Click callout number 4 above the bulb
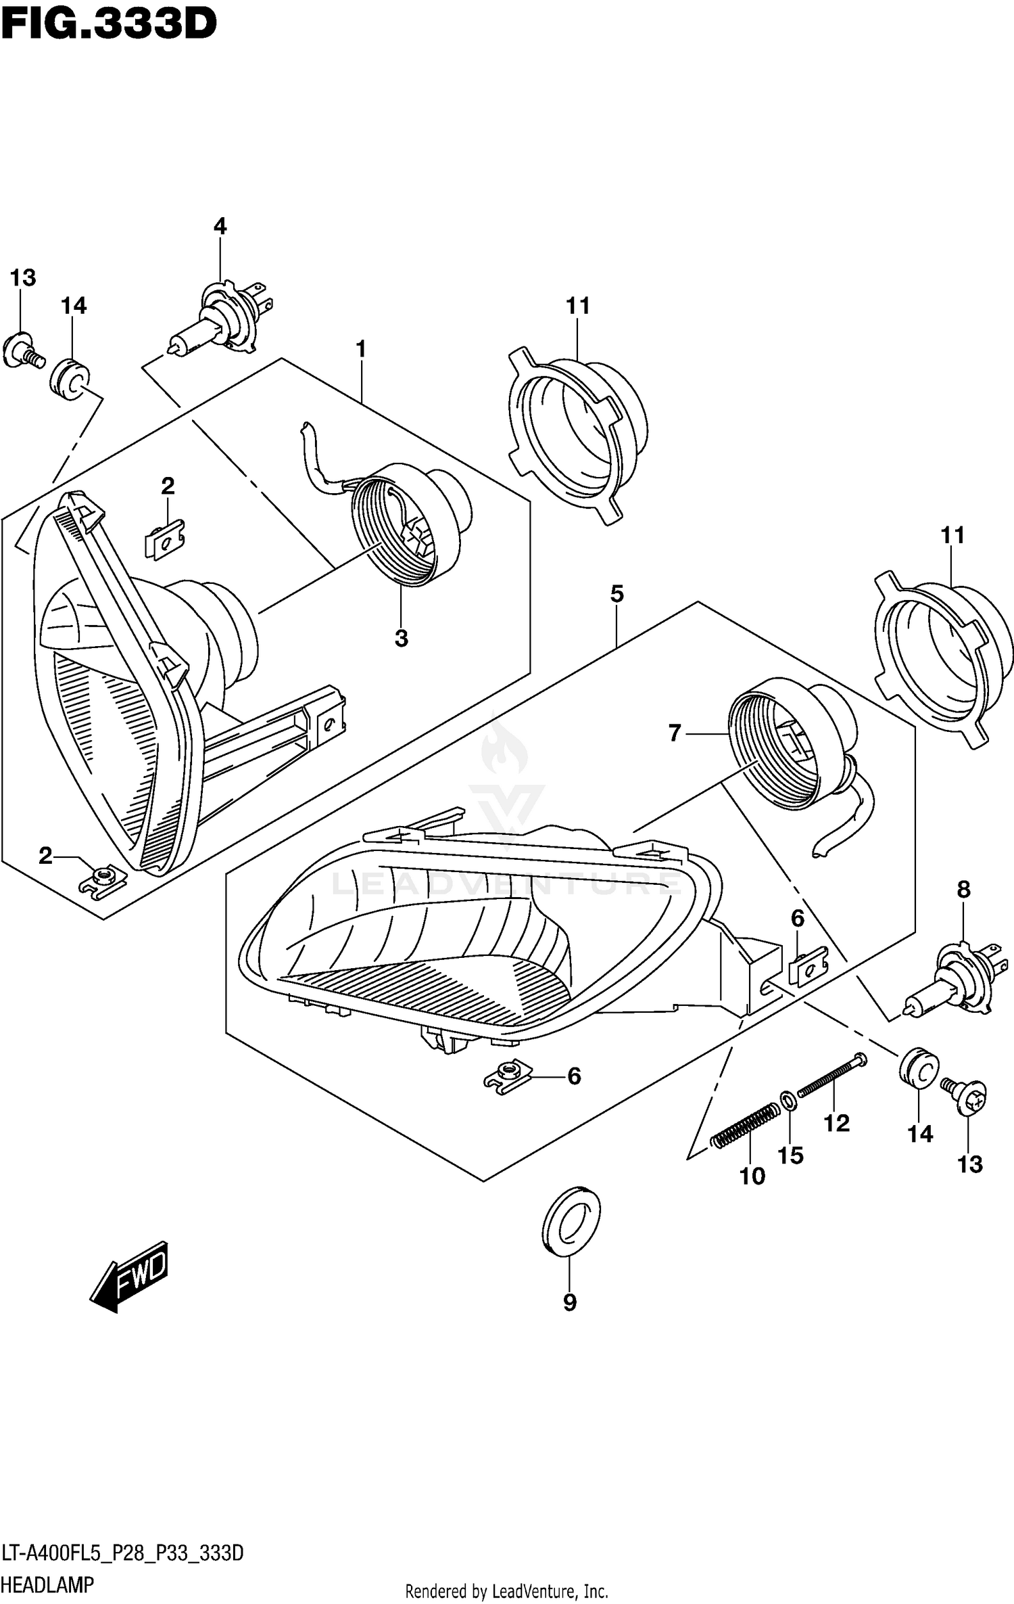(x=220, y=226)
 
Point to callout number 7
(x=674, y=733)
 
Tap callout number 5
(x=617, y=594)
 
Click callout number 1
(x=361, y=349)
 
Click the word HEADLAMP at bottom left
(x=47, y=1585)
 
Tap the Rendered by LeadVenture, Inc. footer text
(x=506, y=1592)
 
